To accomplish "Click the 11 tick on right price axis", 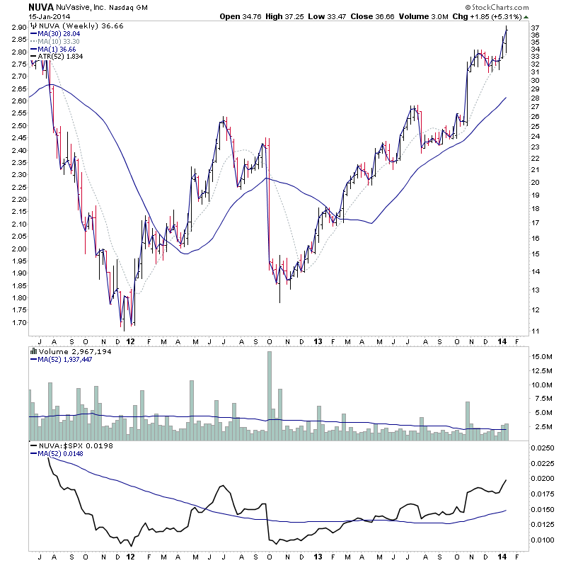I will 535,331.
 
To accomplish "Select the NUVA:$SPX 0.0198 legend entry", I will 63,445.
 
